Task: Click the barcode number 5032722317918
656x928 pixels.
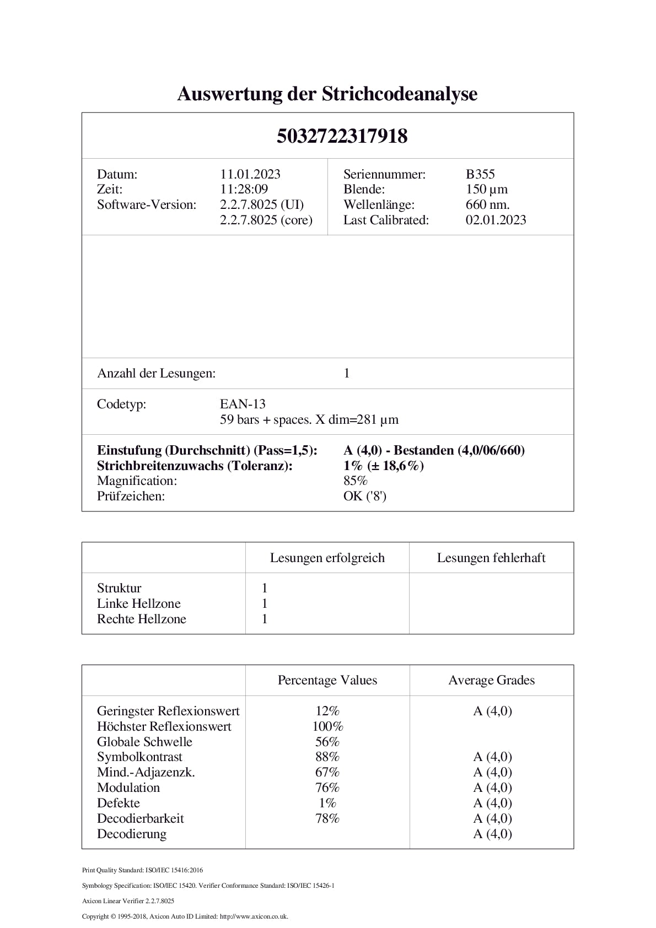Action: pyautogui.click(x=342, y=136)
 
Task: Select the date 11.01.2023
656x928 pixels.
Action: pyautogui.click(x=250, y=174)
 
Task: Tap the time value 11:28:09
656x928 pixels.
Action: pyautogui.click(x=244, y=190)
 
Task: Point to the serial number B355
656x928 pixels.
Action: pyautogui.click(x=480, y=174)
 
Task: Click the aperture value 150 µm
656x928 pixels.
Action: pyautogui.click(x=486, y=190)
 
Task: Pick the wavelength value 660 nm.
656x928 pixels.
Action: pyautogui.click(x=487, y=205)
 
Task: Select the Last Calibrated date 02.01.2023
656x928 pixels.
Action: pyautogui.click(x=496, y=220)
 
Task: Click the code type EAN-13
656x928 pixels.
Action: pyautogui.click(x=243, y=404)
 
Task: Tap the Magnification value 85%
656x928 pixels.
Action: pyautogui.click(x=355, y=481)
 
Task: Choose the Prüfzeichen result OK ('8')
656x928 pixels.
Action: pyautogui.click(x=364, y=497)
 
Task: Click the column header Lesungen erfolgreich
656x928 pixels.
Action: pyautogui.click(x=327, y=558)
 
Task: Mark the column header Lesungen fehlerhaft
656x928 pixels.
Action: pyautogui.click(x=491, y=558)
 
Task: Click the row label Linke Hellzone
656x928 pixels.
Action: pyautogui.click(x=138, y=603)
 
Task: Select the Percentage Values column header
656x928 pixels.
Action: pyautogui.click(x=327, y=680)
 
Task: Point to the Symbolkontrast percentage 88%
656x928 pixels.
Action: pyautogui.click(x=327, y=757)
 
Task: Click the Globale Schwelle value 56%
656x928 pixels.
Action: pyautogui.click(x=327, y=742)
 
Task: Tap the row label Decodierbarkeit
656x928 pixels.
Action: pyautogui.click(x=140, y=818)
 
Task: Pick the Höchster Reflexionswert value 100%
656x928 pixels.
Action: pyautogui.click(x=327, y=726)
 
